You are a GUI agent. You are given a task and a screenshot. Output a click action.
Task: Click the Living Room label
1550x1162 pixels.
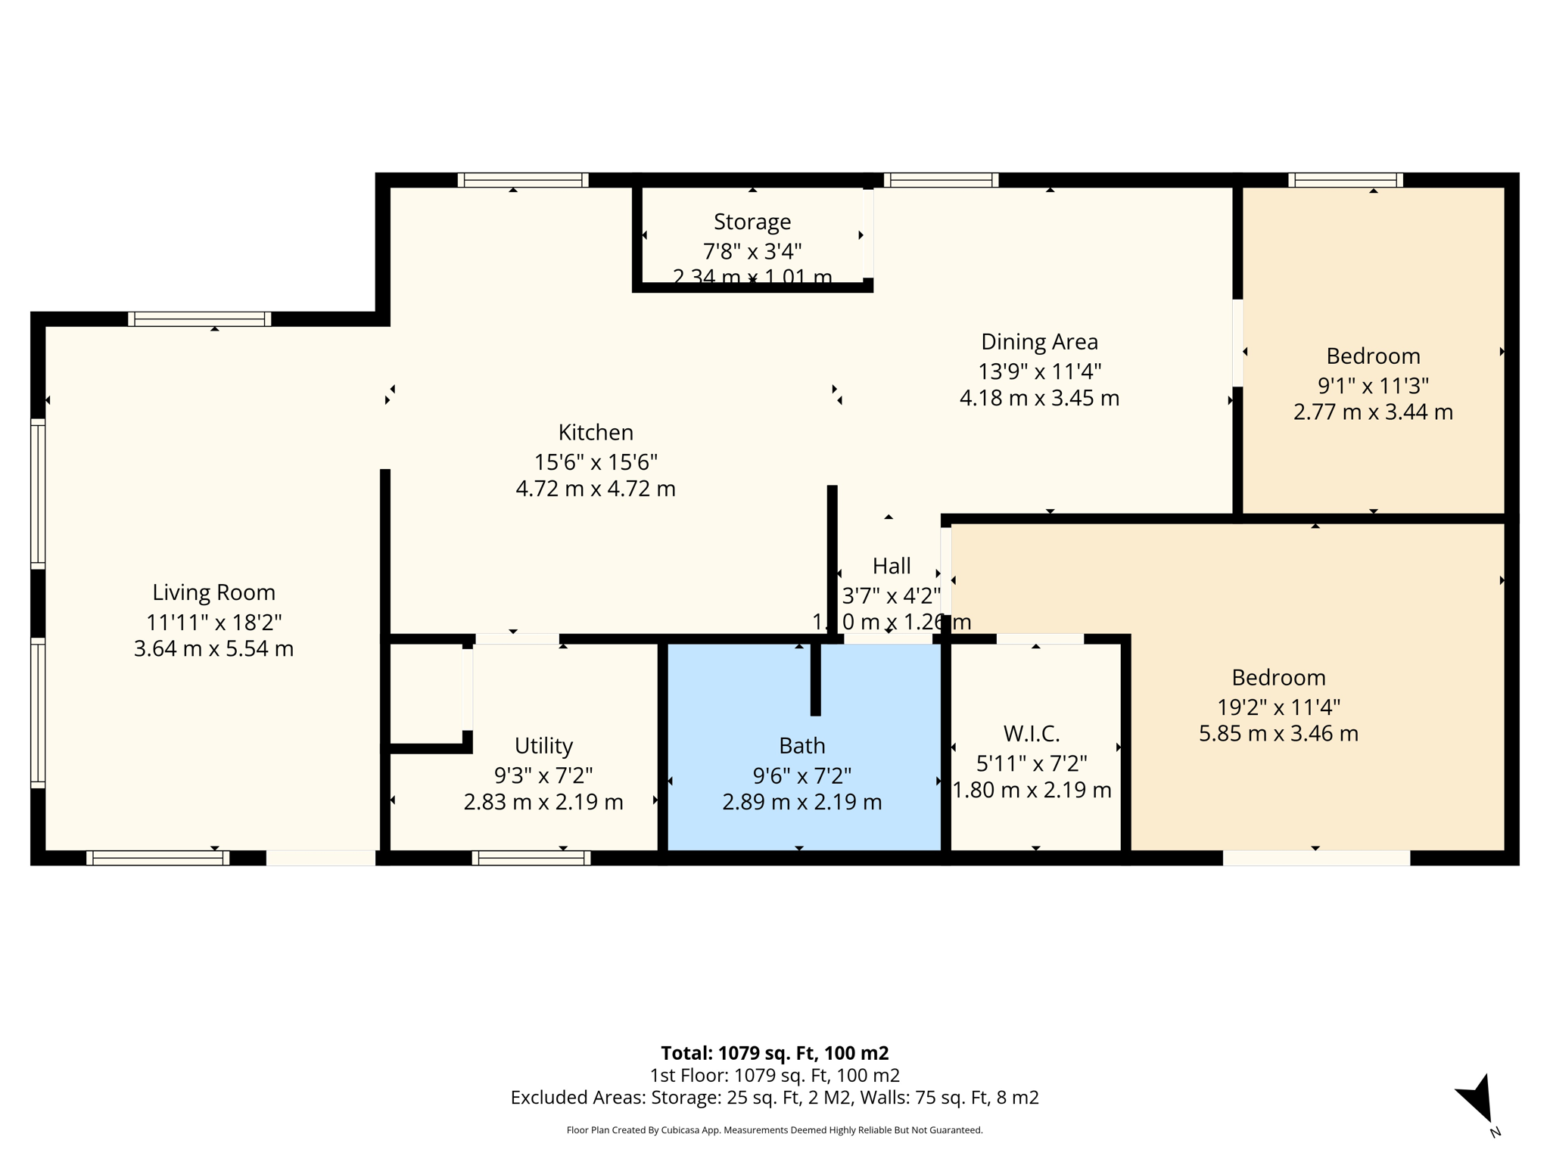coord(213,592)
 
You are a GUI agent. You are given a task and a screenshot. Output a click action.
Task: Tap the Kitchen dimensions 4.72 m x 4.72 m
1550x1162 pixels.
coord(595,489)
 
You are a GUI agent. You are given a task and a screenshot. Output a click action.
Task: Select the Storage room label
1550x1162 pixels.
coord(752,222)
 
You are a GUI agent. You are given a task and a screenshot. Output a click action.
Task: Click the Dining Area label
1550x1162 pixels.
coord(1039,342)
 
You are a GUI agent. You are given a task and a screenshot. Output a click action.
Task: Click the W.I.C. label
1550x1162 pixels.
coord(1031,733)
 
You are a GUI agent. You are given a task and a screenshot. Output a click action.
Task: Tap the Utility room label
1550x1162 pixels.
coord(543,746)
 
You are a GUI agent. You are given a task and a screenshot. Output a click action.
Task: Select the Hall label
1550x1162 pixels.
coord(891,566)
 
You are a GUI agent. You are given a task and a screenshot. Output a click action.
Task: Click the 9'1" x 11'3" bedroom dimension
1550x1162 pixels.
coord(1373,386)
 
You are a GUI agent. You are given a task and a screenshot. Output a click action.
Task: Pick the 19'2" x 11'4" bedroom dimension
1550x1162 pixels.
coord(1278,707)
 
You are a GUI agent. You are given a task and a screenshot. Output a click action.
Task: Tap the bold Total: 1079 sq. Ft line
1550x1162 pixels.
coord(774,1053)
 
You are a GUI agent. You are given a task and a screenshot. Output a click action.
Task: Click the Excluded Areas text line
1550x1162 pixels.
coord(774,1097)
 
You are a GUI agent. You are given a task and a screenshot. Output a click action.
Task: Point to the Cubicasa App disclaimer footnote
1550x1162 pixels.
coord(774,1130)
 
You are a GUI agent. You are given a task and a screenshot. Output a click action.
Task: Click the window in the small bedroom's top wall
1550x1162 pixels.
coord(1345,180)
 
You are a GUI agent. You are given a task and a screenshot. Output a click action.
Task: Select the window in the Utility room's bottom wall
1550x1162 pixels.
coord(531,858)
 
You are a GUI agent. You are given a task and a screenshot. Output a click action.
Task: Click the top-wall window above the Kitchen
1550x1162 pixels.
coord(523,180)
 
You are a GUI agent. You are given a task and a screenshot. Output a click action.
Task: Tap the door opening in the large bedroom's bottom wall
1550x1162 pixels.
coord(1316,858)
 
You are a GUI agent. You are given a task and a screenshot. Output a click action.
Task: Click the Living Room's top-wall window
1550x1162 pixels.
coord(199,319)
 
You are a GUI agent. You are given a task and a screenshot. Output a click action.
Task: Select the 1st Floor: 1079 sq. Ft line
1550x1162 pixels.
coord(774,1075)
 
